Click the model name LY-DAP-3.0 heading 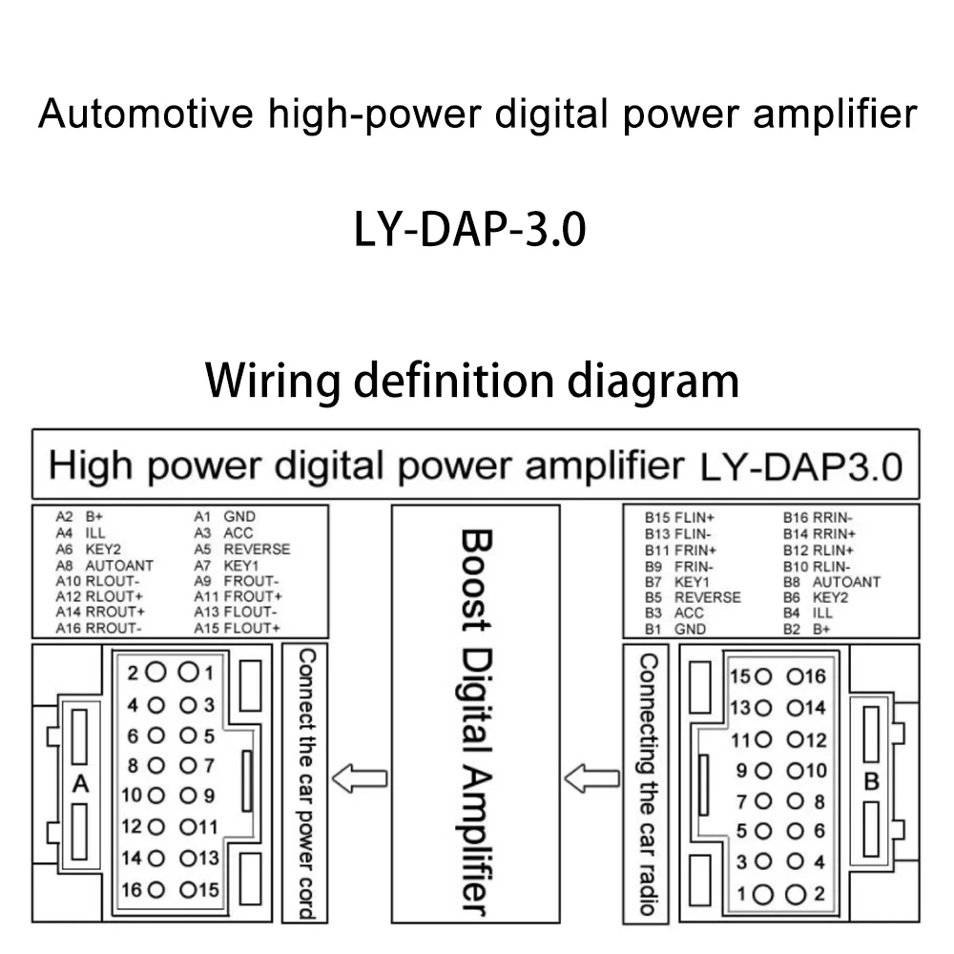(469, 229)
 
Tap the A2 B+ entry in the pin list (79, 516)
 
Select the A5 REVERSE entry (242, 549)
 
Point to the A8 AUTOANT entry (104, 565)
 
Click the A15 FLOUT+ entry (237, 628)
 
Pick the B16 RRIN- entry (818, 518)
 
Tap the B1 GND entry (675, 629)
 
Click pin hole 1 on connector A (188, 672)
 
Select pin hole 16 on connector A (156, 890)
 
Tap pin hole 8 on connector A (156, 765)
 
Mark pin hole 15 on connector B (763, 676)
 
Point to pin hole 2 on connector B (796, 895)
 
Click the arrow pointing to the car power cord (360, 778)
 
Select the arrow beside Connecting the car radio (592, 778)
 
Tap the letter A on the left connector (80, 784)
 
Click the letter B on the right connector (871, 781)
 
